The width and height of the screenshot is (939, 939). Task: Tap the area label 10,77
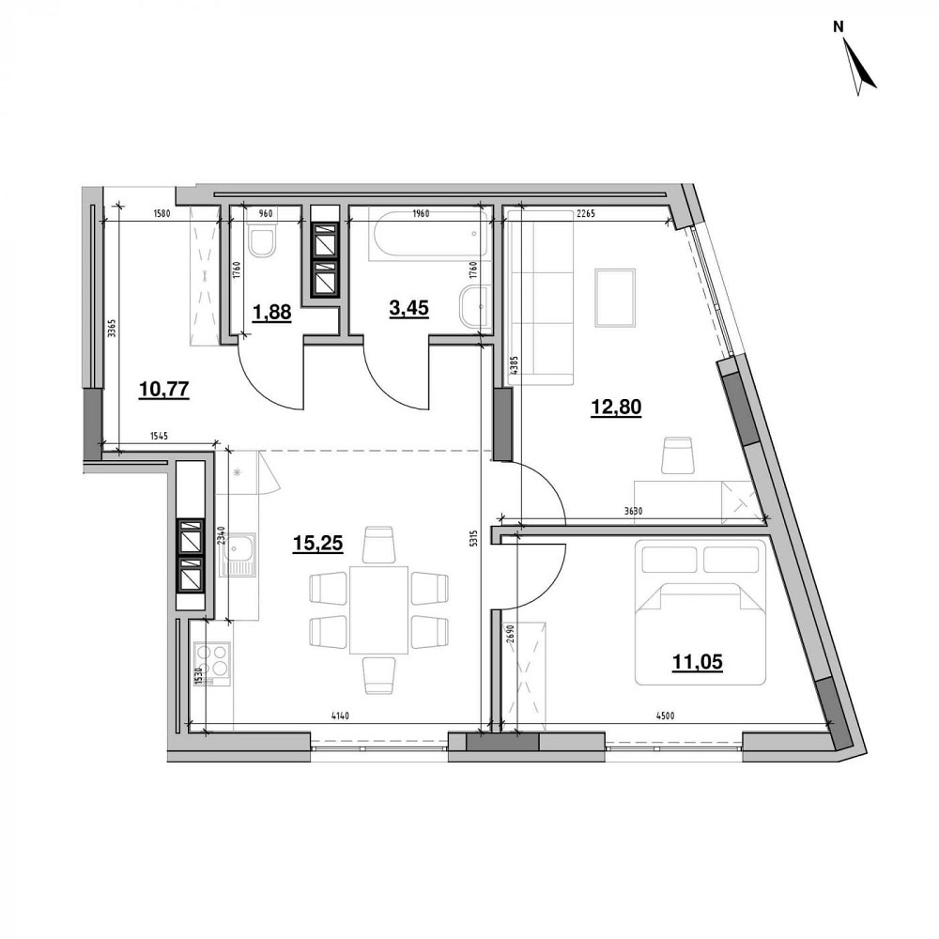click(163, 389)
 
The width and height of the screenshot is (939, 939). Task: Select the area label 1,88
click(271, 314)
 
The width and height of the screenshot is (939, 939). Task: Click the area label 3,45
click(408, 308)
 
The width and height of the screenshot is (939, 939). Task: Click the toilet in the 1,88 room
click(261, 244)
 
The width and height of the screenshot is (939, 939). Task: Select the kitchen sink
click(239, 555)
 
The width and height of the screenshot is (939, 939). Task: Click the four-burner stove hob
click(212, 660)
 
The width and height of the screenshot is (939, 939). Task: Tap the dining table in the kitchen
click(378, 609)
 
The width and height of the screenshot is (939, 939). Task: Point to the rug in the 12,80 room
click(615, 298)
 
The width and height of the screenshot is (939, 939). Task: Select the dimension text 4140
click(340, 717)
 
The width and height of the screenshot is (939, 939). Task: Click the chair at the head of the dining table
click(378, 544)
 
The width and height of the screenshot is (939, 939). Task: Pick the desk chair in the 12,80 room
click(677, 455)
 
